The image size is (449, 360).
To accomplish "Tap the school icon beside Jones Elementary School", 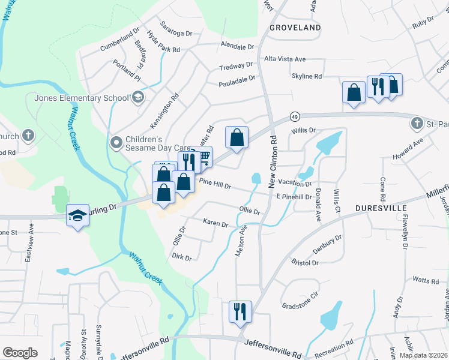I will (x=138, y=97).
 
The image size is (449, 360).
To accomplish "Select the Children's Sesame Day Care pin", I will (x=116, y=143).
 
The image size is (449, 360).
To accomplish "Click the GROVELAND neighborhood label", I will (x=295, y=28).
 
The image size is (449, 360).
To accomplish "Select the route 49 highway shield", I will (x=294, y=116).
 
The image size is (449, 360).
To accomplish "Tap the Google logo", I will (x=20, y=353).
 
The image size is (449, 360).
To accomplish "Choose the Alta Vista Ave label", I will (x=286, y=59).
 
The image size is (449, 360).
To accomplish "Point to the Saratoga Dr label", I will (x=176, y=34).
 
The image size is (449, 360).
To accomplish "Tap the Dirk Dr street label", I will (x=181, y=257).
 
